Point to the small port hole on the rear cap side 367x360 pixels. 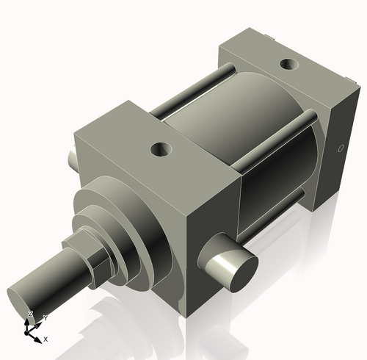(x=340, y=149)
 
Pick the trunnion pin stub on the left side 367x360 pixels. (x=70, y=159)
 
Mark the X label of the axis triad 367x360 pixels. (x=46, y=339)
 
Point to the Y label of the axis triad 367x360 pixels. (x=45, y=317)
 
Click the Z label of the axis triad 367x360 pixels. (x=30, y=314)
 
